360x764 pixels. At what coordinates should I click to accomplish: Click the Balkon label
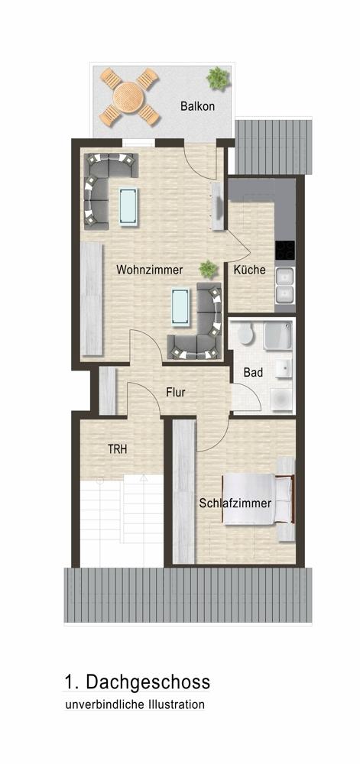(197, 106)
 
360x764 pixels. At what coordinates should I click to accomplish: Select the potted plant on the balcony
(218, 78)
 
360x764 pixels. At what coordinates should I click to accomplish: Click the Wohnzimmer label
(149, 270)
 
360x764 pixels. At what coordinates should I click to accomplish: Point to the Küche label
(249, 270)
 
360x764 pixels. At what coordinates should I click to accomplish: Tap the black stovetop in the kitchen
(285, 251)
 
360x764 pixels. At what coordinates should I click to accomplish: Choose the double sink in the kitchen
(285, 285)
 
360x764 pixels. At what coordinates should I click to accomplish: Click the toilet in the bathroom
(246, 334)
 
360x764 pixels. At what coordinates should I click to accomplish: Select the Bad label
(253, 373)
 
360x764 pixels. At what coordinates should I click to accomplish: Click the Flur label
(175, 392)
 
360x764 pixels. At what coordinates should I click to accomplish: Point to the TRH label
(118, 449)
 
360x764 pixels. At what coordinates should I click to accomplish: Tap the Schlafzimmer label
(235, 503)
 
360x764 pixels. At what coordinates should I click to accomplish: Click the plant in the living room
(208, 269)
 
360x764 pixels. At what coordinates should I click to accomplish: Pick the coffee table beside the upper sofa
(129, 206)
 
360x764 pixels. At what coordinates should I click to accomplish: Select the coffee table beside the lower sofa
(180, 306)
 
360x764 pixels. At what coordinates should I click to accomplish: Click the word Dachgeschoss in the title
(148, 682)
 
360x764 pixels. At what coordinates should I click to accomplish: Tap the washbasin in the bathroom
(283, 369)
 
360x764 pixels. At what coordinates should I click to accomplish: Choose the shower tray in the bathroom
(278, 335)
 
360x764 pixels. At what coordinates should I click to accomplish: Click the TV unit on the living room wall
(217, 206)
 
